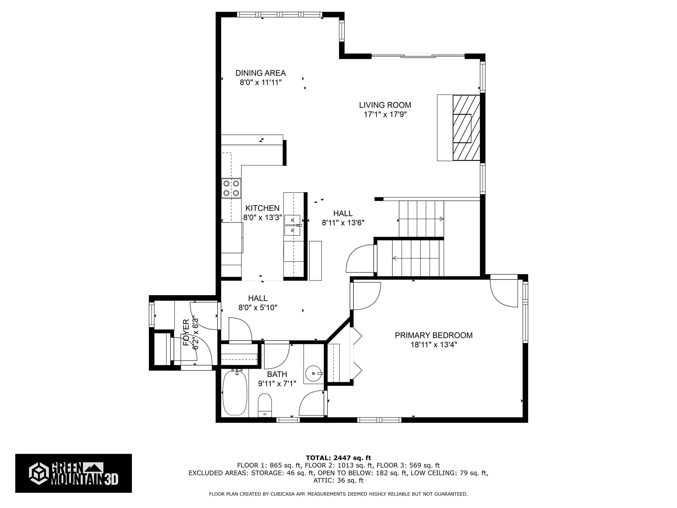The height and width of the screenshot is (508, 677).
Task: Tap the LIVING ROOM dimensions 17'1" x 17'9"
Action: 385,114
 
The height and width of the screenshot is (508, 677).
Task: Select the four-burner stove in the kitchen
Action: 231,188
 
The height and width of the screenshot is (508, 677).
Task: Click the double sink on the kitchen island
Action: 292,225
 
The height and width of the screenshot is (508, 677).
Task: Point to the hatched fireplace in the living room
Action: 466,128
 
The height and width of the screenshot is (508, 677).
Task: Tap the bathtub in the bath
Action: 234,393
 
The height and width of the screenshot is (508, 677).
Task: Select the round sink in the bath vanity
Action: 313,373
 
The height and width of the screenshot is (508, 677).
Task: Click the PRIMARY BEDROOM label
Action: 433,335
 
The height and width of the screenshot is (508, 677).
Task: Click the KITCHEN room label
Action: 262,208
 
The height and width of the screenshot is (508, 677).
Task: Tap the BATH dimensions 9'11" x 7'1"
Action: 277,383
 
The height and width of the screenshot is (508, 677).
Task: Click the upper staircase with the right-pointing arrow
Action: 421,219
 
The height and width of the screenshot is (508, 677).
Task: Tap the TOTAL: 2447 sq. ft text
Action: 338,458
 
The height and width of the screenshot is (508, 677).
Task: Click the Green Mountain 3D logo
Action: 73,473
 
